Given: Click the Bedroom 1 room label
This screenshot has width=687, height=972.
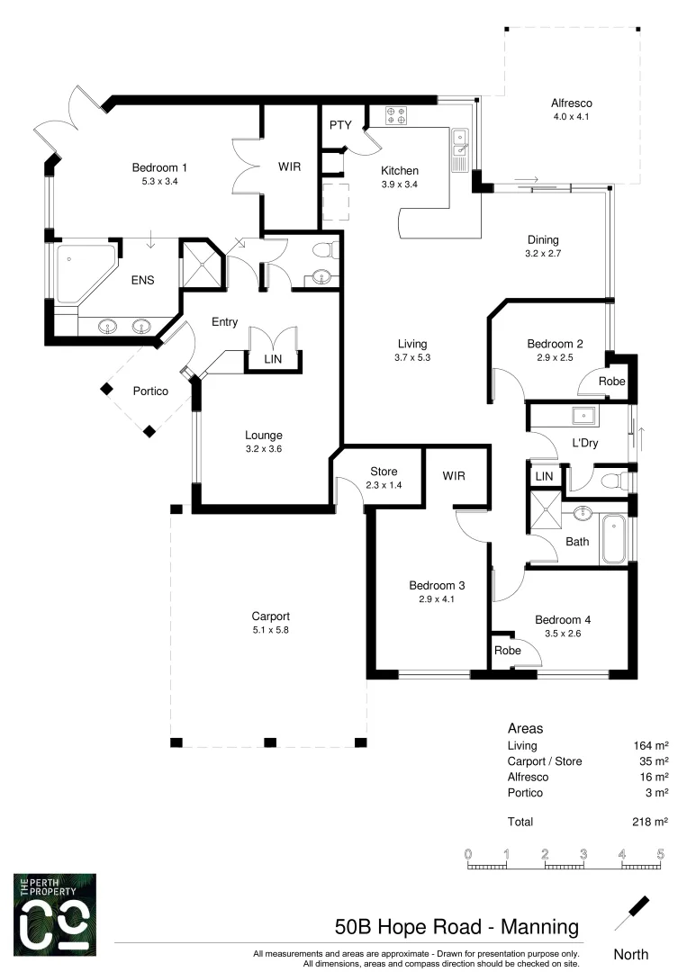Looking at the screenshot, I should [x=159, y=167].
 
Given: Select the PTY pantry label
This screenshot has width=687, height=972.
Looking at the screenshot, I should [x=339, y=125].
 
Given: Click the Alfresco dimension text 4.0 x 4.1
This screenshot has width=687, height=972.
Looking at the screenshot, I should [x=572, y=117].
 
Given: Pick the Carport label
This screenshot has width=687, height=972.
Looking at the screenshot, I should [x=270, y=616].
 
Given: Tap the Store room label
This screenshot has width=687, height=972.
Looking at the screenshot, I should [x=384, y=472].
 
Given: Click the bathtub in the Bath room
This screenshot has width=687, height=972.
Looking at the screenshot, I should [x=614, y=537].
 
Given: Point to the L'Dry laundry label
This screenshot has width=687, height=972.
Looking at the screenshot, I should [x=585, y=443].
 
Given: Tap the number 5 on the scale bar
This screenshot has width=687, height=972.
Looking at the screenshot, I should [x=660, y=853].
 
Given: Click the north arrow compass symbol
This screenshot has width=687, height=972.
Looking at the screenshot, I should [x=633, y=913].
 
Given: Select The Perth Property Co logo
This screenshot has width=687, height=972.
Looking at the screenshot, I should [x=55, y=913].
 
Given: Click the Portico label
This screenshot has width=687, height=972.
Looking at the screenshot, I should [x=151, y=391].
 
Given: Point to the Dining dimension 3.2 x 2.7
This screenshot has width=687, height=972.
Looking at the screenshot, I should [x=543, y=255].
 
